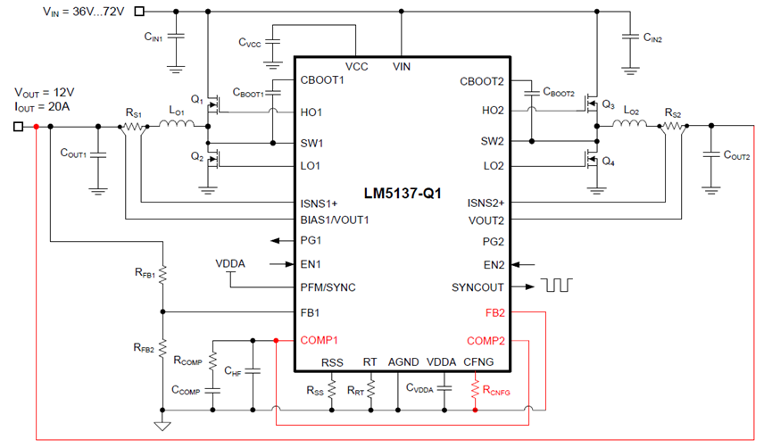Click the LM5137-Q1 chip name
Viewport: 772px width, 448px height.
coord(403,194)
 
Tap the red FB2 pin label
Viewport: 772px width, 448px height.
coord(494,313)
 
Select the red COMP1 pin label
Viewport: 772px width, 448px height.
coord(319,340)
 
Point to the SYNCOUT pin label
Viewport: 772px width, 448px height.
coord(477,287)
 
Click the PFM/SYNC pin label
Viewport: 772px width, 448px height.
coord(328,287)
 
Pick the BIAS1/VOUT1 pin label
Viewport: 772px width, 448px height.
coord(335,220)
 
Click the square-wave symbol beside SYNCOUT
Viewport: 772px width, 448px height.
coord(557,285)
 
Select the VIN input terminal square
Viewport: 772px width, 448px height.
coord(140,12)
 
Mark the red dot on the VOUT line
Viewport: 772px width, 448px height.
coord(36,127)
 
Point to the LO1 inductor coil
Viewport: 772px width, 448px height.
coord(176,123)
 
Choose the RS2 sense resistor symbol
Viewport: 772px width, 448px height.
coord(673,127)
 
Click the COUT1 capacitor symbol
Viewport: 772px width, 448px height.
coord(98,154)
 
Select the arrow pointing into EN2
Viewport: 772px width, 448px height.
coord(523,265)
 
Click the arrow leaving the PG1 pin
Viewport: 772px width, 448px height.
coord(282,241)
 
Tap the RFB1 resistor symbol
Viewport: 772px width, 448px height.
coord(162,274)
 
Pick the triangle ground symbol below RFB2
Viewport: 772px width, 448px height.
coord(162,426)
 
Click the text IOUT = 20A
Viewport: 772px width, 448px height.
coord(42,107)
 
